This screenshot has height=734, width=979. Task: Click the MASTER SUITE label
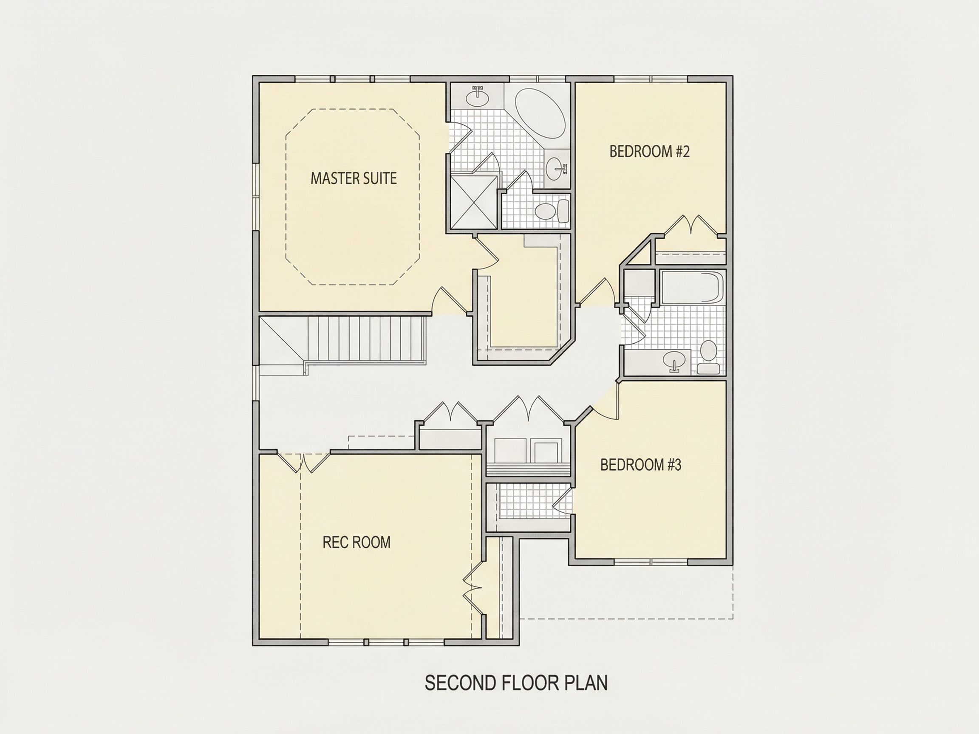coord(354,178)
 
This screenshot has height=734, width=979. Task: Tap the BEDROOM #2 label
coord(650,152)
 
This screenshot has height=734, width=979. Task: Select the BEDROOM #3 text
coord(641,465)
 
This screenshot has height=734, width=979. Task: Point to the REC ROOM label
coord(356,542)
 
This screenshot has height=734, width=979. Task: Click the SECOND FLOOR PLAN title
coord(516,683)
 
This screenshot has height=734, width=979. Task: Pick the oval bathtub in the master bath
coord(540,114)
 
